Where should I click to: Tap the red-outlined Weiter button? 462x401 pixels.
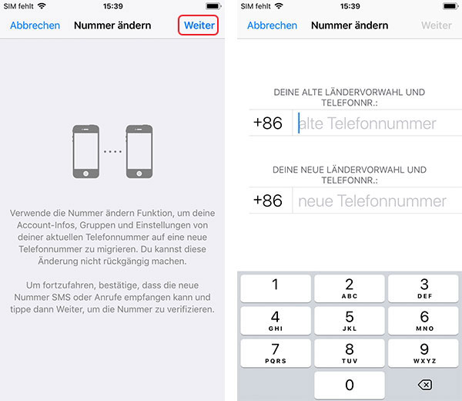(199, 25)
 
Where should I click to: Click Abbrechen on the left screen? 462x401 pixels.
(35, 25)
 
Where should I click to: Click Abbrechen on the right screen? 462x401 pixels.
(272, 25)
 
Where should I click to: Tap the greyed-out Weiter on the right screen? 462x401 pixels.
(437, 25)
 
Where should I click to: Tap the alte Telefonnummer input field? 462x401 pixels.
(377, 123)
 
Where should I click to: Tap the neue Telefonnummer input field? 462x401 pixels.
(377, 201)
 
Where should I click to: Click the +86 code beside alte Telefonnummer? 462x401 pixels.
(267, 123)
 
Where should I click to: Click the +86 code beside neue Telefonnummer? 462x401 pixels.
(267, 201)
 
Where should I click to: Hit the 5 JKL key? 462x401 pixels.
(349, 320)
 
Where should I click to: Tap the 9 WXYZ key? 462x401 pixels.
(423, 352)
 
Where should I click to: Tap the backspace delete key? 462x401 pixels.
(423, 385)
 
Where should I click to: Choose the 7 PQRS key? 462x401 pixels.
(275, 352)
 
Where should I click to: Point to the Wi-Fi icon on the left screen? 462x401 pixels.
(41, 6)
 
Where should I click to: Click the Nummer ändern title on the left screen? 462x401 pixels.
(112, 25)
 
